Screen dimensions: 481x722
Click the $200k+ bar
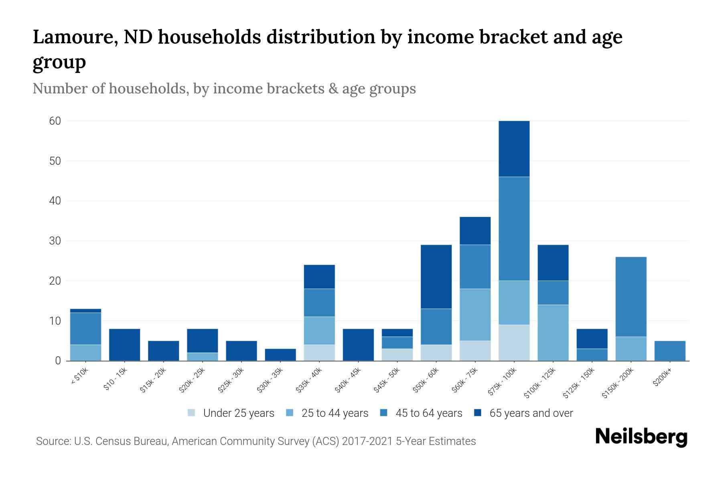click(x=670, y=351)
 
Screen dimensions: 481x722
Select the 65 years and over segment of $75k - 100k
click(x=514, y=149)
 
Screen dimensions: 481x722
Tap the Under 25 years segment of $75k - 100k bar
click(x=514, y=343)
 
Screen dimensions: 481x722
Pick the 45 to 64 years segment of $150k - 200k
click(x=631, y=297)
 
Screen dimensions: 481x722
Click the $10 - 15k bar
click(x=124, y=345)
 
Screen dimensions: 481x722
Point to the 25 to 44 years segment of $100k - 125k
click(x=553, y=333)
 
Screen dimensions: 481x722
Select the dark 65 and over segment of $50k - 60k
click(x=436, y=277)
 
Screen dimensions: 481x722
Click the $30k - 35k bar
click(x=280, y=355)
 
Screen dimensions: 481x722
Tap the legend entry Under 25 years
click(x=238, y=413)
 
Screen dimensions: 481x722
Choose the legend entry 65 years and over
click(x=531, y=413)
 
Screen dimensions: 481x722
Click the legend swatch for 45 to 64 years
click(x=384, y=413)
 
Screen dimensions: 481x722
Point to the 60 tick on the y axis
click(x=55, y=121)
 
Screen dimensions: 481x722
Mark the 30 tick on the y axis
click(x=55, y=241)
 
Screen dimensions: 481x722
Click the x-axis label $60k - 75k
click(x=465, y=380)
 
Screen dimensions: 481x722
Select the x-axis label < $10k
click(x=79, y=376)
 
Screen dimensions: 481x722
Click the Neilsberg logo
click(x=641, y=437)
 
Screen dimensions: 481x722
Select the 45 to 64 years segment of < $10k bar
click(x=85, y=329)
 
